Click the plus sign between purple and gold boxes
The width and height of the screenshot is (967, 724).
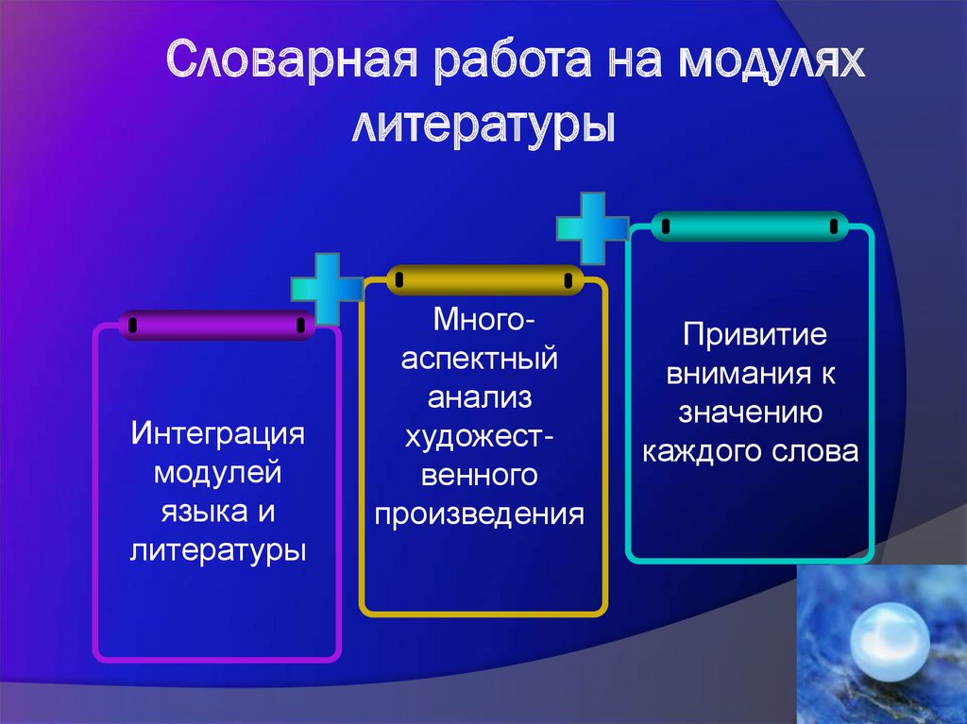(327, 288)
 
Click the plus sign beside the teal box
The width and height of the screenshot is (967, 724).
(592, 227)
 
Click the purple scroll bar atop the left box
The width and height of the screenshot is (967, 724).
(216, 325)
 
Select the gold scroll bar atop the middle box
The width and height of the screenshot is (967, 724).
(484, 279)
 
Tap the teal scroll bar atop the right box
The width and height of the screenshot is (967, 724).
(750, 227)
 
